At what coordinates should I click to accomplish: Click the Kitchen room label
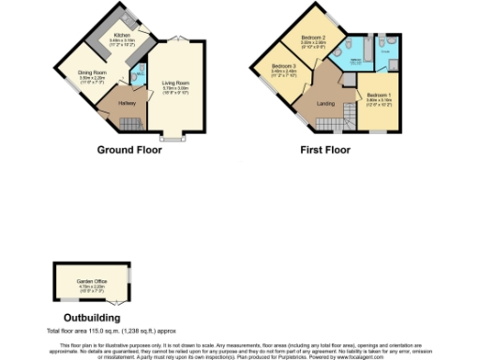click(x=122, y=37)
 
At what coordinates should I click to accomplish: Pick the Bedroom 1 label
click(x=379, y=97)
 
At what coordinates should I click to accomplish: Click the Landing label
click(x=325, y=102)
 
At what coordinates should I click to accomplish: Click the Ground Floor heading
click(x=129, y=149)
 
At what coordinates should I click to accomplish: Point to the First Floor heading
click(x=325, y=149)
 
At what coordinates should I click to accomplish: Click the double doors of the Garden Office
click(x=112, y=307)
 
